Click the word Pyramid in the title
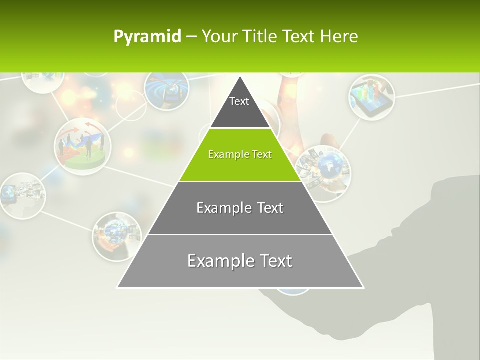pyautogui.click(x=147, y=37)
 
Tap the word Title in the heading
pyautogui.click(x=260, y=37)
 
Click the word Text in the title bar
pyautogui.click(x=298, y=37)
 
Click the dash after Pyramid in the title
pyautogui.click(x=191, y=37)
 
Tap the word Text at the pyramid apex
pyautogui.click(x=239, y=101)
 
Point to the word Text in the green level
pyautogui.click(x=262, y=154)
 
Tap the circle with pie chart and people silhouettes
pyautogui.click(x=83, y=146)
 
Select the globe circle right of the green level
pyautogui.click(x=323, y=172)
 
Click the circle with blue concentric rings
pyautogui.click(x=166, y=88)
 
